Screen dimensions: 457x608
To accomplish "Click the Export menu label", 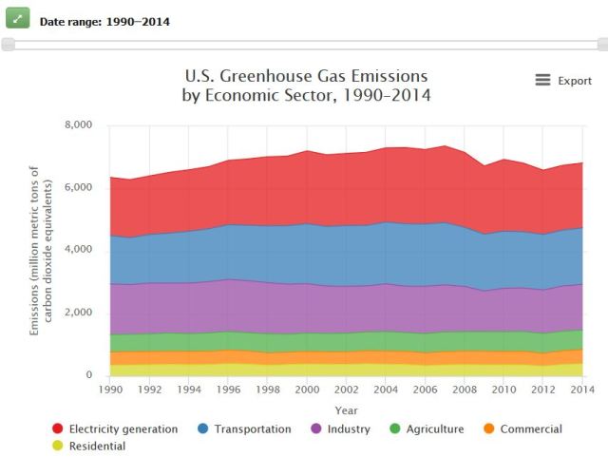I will tap(574, 81).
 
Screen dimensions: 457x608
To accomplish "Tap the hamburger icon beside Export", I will tap(542, 81).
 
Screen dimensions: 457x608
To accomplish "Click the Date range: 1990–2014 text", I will tap(104, 21).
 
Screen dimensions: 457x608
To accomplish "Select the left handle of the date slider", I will tap(8, 44).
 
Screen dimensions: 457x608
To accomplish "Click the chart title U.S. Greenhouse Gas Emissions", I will tap(305, 76).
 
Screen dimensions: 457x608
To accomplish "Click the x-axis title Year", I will tap(346, 409).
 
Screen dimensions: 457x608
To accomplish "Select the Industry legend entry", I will tap(343, 428).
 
